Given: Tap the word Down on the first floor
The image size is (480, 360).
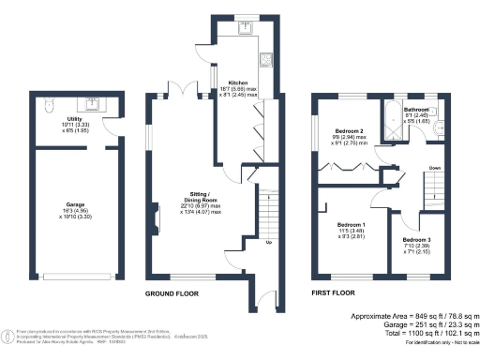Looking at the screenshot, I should point(435,168).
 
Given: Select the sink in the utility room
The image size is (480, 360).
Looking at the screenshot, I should point(94,102).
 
